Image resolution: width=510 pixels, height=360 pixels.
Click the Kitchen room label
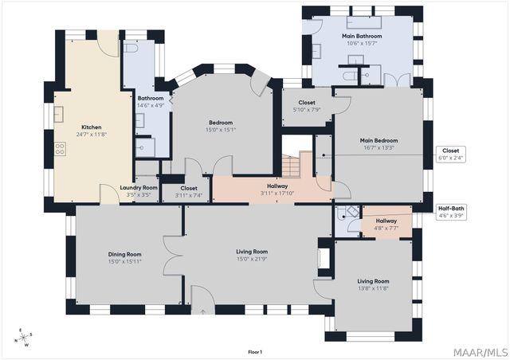(x=92, y=127)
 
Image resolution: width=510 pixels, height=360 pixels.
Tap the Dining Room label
(x=124, y=254)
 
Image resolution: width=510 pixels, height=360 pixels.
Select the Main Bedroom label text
(x=379, y=140)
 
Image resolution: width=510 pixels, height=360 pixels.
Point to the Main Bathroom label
(x=362, y=36)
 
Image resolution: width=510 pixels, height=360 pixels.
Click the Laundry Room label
(x=139, y=188)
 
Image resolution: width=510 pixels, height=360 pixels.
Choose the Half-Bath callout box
(x=451, y=212)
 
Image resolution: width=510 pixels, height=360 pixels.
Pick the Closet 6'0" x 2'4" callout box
(x=450, y=155)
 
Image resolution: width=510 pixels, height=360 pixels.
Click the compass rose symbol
(x=23, y=338)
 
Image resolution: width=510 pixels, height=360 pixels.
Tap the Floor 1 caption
(x=255, y=352)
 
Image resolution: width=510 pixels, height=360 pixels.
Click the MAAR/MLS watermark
(x=481, y=353)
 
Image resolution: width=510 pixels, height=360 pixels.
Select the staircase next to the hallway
(x=290, y=166)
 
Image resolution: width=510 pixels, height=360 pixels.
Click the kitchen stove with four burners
(x=60, y=149)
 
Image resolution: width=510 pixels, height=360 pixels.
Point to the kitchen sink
(x=58, y=114)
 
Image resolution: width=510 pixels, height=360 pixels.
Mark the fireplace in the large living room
(x=324, y=258)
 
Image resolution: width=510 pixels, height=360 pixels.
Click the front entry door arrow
(x=203, y=312)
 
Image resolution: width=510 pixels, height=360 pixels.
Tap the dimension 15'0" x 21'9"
(x=252, y=259)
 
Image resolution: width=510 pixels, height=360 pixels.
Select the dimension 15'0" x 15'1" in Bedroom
(x=221, y=130)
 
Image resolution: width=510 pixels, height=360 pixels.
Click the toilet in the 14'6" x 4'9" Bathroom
(x=131, y=49)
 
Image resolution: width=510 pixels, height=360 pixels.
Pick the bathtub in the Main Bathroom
(x=364, y=22)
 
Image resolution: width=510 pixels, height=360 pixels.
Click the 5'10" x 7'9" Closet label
(x=307, y=106)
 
